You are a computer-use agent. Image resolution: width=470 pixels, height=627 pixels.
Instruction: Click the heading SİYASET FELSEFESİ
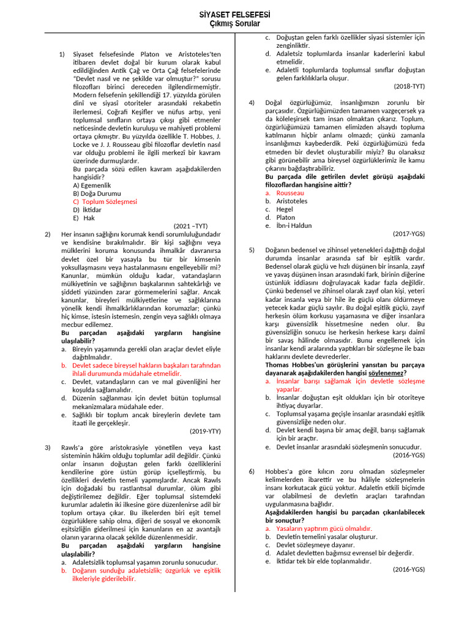[235, 14]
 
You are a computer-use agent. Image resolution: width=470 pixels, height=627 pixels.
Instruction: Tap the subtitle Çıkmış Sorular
[235, 24]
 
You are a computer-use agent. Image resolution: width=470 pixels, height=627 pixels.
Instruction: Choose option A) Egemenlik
[92, 185]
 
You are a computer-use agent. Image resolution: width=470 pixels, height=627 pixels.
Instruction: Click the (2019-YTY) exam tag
[205, 431]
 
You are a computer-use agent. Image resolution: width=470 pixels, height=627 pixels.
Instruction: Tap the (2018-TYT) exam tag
[409, 86]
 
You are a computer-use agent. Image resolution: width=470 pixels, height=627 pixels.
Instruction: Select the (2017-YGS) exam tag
[409, 234]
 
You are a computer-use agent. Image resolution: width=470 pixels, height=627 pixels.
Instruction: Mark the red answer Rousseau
[290, 193]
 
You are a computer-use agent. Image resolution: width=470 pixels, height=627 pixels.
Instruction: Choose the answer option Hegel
[285, 209]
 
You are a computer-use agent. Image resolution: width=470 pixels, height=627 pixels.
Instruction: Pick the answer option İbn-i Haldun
[294, 225]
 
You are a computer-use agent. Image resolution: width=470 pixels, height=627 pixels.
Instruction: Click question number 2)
[48, 234]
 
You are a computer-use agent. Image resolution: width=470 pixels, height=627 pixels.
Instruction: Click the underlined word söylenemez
[386, 372]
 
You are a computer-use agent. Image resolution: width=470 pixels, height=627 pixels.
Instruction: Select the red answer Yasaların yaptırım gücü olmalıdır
[324, 528]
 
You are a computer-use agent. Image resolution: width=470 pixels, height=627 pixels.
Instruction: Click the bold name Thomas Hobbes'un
[291, 364]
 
